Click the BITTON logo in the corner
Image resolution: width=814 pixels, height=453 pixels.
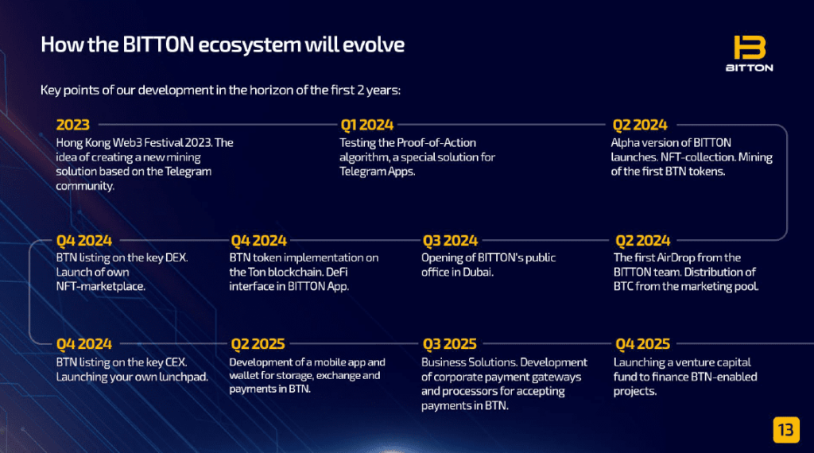point(749,53)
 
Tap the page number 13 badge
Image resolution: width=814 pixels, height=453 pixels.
point(786,430)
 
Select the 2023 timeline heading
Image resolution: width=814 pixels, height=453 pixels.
point(72,125)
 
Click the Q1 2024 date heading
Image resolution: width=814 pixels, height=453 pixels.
point(367,125)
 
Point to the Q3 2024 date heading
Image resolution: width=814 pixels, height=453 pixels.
point(450,241)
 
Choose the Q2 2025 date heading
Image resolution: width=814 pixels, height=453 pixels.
point(258,344)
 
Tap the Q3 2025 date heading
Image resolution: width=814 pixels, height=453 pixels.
point(450,344)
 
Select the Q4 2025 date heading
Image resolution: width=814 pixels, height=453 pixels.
point(642,344)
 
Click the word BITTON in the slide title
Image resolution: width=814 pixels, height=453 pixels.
point(158,45)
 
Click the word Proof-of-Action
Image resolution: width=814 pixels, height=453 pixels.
point(436,143)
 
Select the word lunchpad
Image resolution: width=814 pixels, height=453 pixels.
point(184,377)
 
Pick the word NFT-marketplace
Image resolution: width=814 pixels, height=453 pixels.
point(101,286)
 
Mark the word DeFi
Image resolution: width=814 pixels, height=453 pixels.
point(337,272)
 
